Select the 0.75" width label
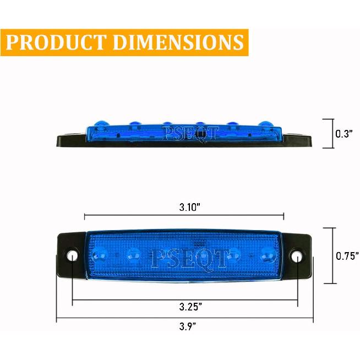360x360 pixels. click(x=347, y=255)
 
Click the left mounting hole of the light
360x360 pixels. click(x=72, y=256)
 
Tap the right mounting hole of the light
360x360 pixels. click(x=297, y=256)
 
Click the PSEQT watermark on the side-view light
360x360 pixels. click(x=190, y=133)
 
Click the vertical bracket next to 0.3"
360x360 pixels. click(x=332, y=133)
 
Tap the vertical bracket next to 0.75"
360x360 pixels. click(x=332, y=255)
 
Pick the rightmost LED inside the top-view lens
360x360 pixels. click(x=268, y=254)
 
